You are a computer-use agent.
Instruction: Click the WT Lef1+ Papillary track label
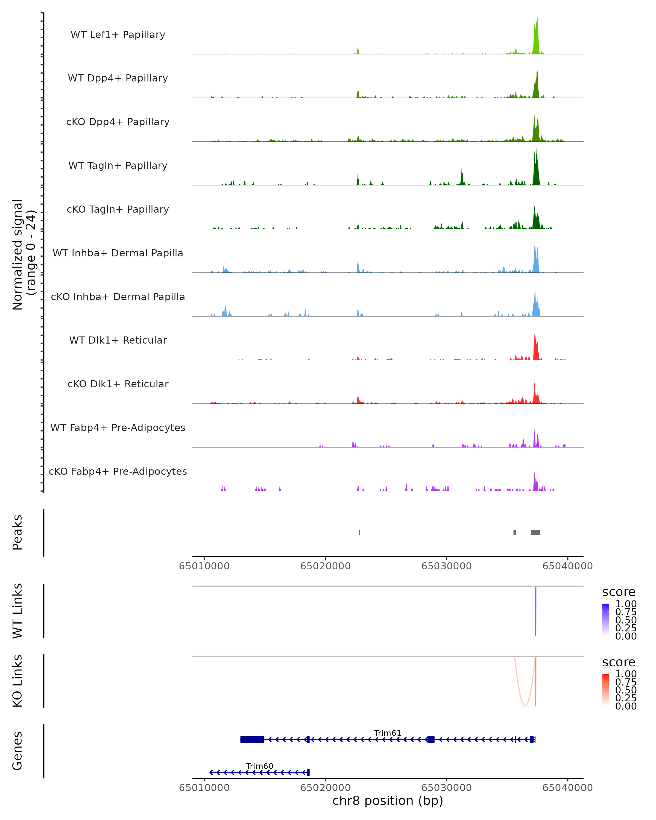click(x=118, y=35)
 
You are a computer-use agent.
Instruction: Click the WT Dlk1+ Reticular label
click(x=118, y=340)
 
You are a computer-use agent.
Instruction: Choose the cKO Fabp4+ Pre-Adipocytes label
click(x=118, y=471)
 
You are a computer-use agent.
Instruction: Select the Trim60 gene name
click(x=259, y=766)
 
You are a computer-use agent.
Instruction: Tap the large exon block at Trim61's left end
click(x=252, y=739)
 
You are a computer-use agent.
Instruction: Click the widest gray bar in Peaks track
click(x=535, y=532)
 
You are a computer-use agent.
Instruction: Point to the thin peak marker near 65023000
click(x=359, y=532)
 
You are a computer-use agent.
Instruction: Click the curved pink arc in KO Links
click(x=525, y=704)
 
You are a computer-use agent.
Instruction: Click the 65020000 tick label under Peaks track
click(x=325, y=566)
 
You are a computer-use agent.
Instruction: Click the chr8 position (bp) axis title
click(x=388, y=801)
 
